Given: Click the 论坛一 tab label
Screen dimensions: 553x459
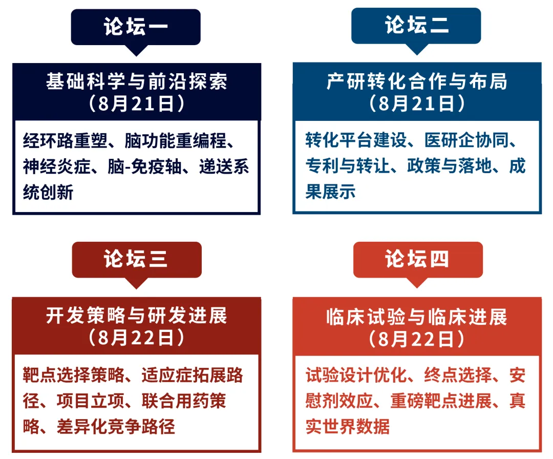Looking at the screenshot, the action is click(x=136, y=27).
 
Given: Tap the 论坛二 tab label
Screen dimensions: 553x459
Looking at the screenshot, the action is click(x=416, y=25).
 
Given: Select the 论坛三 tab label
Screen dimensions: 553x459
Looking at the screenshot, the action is click(x=136, y=259).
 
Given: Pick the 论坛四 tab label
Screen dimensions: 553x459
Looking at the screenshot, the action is click(x=417, y=259).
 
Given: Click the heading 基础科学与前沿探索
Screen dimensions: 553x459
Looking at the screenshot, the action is click(x=137, y=81).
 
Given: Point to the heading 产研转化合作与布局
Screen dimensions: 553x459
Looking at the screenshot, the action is click(x=417, y=81).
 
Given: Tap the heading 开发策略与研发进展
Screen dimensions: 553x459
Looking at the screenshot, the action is click(x=137, y=315).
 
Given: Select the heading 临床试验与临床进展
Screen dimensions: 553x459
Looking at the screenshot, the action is click(x=417, y=317).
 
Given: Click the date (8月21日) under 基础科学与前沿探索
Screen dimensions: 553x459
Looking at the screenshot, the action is click(x=137, y=103).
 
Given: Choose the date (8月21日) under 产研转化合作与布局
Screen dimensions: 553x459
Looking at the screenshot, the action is click(x=417, y=103).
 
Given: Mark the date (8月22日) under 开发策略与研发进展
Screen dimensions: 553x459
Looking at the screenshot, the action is click(x=137, y=338).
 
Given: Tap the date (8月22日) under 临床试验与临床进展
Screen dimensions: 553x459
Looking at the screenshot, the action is click(x=417, y=339).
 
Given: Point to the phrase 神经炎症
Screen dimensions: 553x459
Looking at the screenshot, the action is click(x=57, y=166).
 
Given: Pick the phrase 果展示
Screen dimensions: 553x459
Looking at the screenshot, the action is click(x=330, y=192).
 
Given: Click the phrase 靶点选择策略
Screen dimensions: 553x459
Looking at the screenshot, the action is click(x=74, y=374).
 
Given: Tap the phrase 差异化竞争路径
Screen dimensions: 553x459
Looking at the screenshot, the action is click(x=116, y=426).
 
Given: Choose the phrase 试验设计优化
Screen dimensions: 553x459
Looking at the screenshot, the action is click(x=356, y=374).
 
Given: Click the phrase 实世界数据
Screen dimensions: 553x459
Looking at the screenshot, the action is click(x=347, y=426).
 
